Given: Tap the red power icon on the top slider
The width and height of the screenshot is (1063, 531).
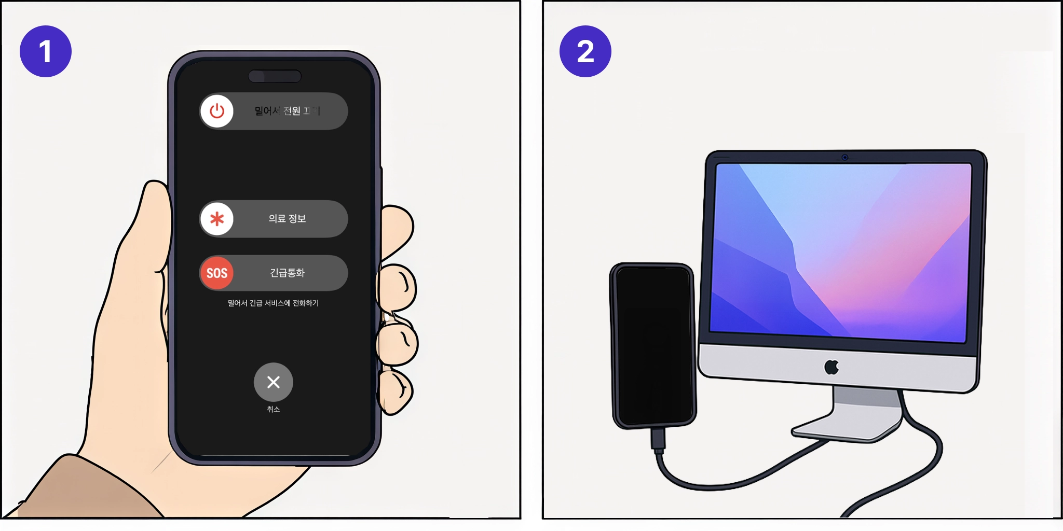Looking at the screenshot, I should pos(217,111).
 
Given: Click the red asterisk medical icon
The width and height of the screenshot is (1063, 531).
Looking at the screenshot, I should pos(217,219).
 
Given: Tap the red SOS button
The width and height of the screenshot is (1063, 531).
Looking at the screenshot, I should pos(217,273).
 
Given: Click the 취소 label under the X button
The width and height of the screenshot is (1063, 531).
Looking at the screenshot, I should pos(274,409).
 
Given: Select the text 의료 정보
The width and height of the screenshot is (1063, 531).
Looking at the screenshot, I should pos(287,219).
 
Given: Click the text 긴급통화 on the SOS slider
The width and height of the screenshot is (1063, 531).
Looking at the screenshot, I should pos(287,273).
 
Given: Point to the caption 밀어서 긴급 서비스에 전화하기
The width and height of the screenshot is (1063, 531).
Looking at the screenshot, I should pos(273,303).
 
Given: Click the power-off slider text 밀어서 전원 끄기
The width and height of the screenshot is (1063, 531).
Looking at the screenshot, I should pos(287,111).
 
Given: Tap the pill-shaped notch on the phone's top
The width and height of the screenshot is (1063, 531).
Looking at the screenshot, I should pos(275,76).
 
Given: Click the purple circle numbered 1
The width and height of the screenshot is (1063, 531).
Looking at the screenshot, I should pos(46,51).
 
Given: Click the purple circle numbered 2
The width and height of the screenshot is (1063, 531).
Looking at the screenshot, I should pos(585,51).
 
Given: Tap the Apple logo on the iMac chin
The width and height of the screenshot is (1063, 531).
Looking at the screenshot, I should pos(832,367).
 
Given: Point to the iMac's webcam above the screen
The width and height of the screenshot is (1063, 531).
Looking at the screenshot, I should pos(845,157).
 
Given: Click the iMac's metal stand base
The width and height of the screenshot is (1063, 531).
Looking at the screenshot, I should pos(846,428).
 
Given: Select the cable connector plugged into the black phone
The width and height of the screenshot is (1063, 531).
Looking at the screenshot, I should pos(658,439).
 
